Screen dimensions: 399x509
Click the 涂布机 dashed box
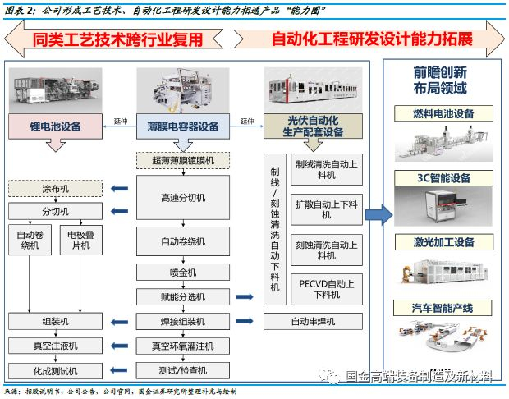click(55, 190)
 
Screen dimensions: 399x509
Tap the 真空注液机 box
click(55, 346)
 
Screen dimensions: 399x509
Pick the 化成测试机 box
click(55, 370)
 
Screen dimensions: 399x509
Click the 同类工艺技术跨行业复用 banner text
click(116, 39)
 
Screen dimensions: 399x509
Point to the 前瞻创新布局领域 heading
click(441, 80)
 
